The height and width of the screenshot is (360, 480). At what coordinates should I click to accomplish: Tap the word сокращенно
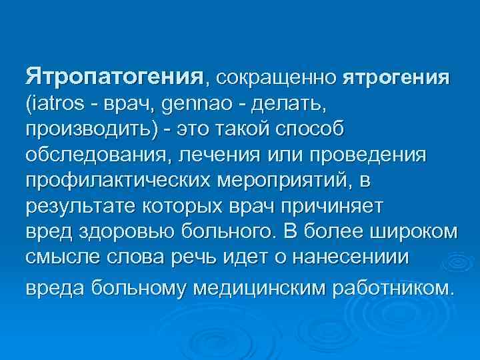click(275, 77)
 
